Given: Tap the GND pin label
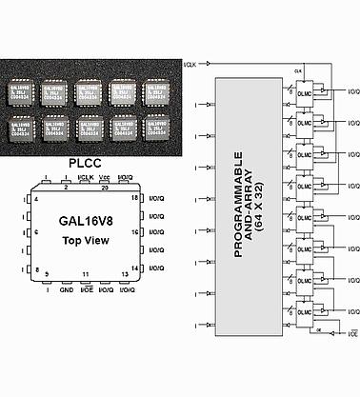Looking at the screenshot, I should tap(66, 288).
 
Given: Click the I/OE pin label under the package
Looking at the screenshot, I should tap(86, 288).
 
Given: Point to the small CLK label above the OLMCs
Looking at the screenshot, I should tap(297, 72).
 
